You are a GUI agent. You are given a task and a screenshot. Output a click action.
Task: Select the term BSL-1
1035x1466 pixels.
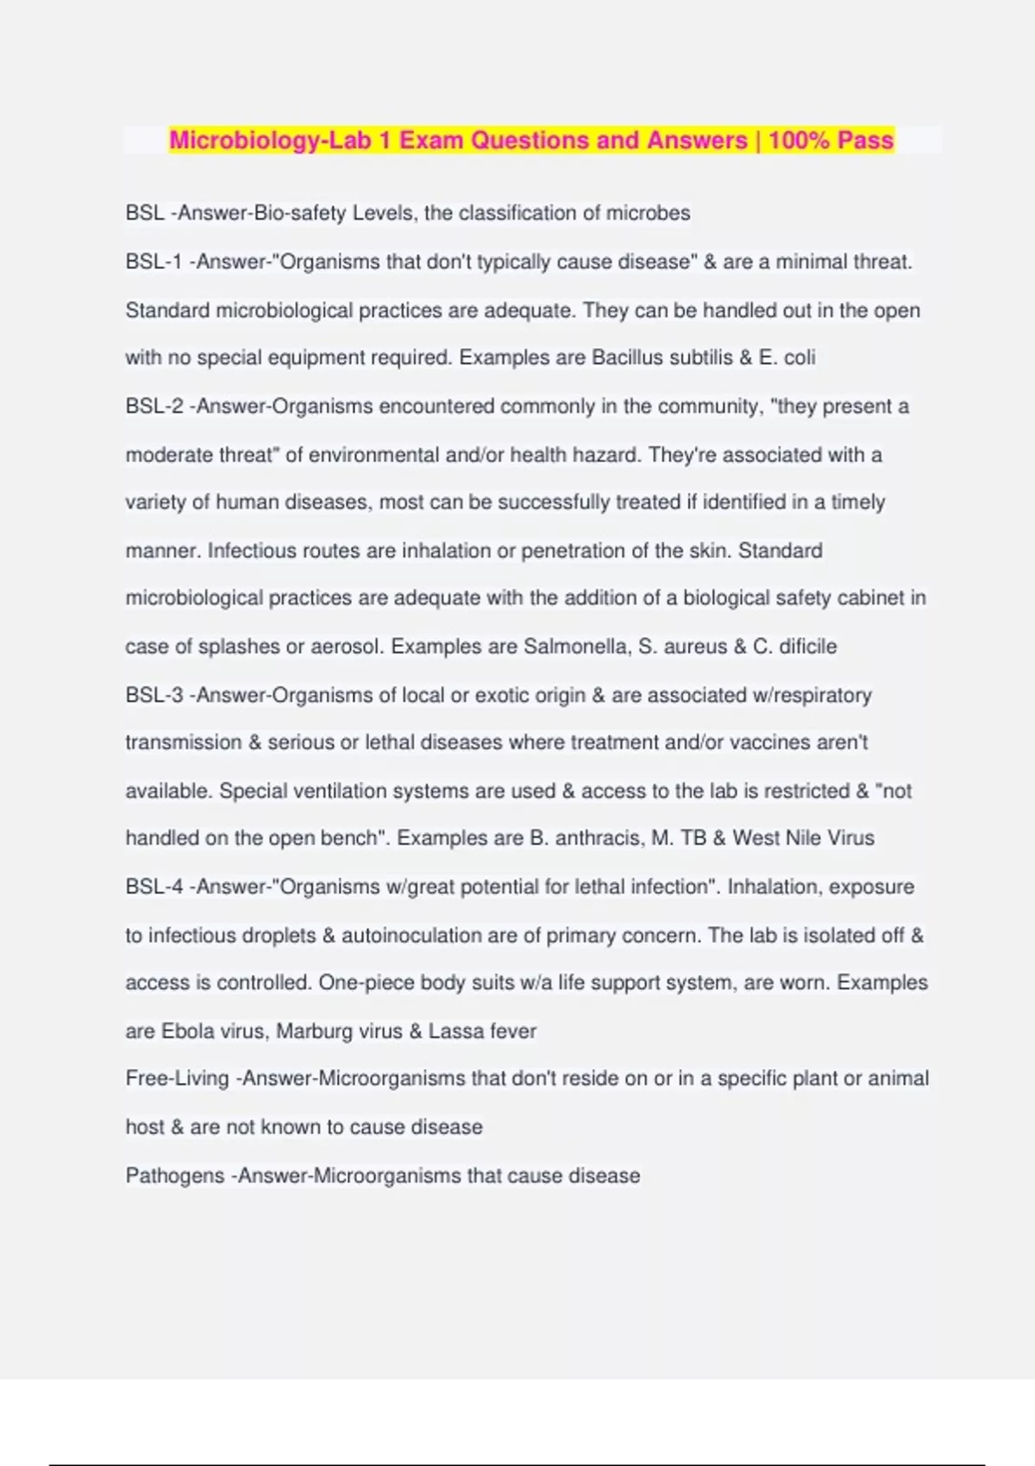154,262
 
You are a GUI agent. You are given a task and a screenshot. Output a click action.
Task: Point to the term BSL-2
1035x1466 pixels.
154,406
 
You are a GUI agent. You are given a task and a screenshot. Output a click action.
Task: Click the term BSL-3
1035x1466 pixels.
154,695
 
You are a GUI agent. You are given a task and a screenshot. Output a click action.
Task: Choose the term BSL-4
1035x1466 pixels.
154,887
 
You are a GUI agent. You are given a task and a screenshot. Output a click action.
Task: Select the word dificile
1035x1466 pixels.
807,647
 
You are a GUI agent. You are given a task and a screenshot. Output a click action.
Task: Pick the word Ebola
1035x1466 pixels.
188,1031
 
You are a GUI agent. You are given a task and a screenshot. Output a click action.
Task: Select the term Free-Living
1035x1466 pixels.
177,1079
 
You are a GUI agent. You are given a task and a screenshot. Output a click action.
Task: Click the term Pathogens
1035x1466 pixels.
175,1176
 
